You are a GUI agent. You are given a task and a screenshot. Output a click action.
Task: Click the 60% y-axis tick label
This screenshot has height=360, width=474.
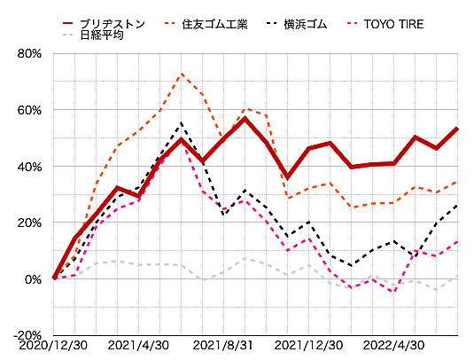coord(30,110)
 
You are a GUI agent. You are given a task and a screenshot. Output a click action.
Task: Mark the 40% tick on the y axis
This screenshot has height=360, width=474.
coord(30,166)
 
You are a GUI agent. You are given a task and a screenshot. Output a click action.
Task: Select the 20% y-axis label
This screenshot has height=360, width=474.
coord(30,223)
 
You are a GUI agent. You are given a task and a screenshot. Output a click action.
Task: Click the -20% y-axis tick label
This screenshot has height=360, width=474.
coord(28,335)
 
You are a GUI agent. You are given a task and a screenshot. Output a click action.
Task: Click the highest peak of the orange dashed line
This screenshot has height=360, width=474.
coord(181,74)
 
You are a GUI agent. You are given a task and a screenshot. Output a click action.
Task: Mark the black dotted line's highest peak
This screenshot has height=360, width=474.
coord(181,123)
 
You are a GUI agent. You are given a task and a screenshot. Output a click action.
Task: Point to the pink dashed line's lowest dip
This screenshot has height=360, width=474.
coord(393,292)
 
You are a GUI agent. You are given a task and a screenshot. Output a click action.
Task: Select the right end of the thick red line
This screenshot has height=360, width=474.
coord(457,129)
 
